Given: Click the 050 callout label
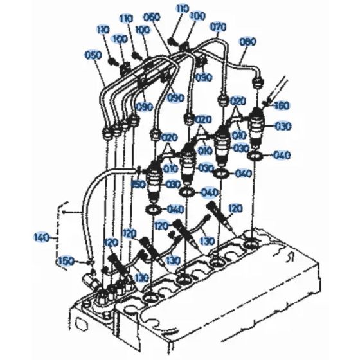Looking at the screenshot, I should tap(93, 55).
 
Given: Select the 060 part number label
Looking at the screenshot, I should tap(152, 16).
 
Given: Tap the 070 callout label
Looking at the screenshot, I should tap(219, 28).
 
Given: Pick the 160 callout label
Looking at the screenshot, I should tap(282, 106).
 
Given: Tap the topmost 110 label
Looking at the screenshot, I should tap(183, 9).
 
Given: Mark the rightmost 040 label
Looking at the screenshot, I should tap(283, 155).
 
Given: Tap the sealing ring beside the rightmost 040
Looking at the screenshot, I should tap(255, 155).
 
